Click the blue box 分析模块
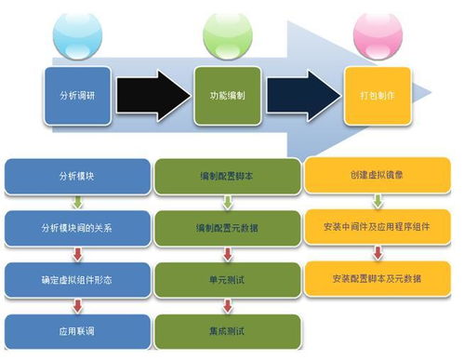[x=77, y=175]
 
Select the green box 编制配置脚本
[x=229, y=175]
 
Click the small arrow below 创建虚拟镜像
[x=378, y=200]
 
